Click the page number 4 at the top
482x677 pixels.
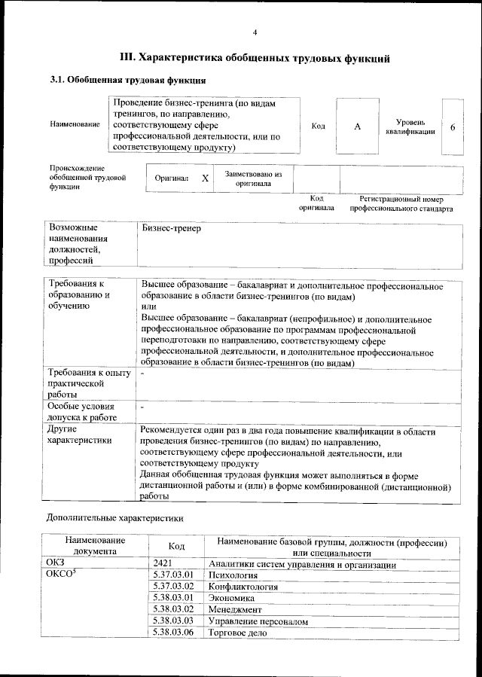tap(255, 32)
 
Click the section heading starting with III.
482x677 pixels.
tap(255, 57)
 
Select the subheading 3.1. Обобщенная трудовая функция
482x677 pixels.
tap(128, 80)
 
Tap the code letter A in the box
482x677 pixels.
tap(358, 127)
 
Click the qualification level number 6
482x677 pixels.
tap(453, 127)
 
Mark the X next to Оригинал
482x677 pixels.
tap(205, 178)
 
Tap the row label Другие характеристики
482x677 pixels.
tap(79, 435)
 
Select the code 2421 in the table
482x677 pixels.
tap(163, 564)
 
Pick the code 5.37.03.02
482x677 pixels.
tap(173, 586)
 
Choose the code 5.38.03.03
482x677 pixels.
tap(173, 621)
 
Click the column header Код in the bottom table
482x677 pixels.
tap(176, 546)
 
